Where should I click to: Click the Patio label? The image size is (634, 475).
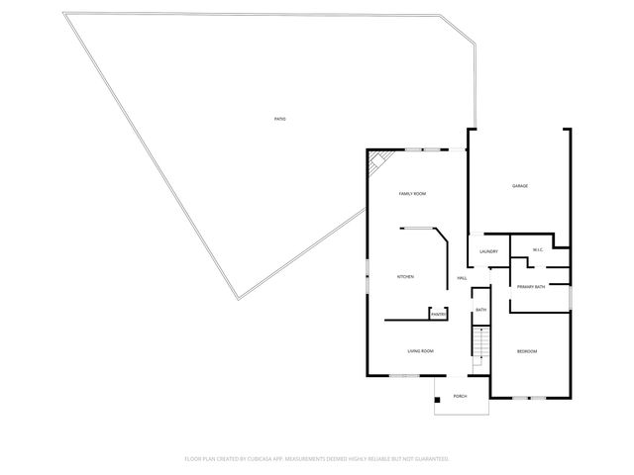click(280, 120)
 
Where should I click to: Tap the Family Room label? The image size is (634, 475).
click(412, 193)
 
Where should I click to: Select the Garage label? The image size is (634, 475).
click(519, 186)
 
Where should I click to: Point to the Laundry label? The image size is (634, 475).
click(487, 251)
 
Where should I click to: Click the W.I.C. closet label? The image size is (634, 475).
click(537, 249)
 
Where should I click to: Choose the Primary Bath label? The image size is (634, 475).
click(531, 287)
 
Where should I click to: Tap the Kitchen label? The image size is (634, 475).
click(405, 276)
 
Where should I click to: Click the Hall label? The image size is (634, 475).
click(462, 279)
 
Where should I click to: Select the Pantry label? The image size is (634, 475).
click(437, 315)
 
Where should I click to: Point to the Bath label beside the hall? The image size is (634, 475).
click(480, 311)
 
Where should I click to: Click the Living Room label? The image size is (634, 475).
click(421, 351)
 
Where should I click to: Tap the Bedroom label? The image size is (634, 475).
click(527, 352)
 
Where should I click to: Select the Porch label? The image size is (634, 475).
click(460, 396)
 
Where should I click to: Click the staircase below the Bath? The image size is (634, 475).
click(480, 343)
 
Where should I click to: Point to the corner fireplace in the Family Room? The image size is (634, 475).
click(377, 160)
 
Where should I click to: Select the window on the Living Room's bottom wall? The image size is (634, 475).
click(404, 376)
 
